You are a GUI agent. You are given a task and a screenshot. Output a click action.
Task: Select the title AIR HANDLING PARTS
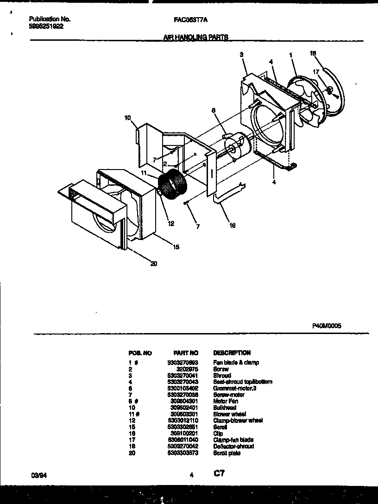coord(195,37)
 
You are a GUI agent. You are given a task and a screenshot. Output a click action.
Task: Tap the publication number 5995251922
coord(46,26)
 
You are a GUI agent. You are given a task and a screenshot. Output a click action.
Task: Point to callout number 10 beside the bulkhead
coord(127,118)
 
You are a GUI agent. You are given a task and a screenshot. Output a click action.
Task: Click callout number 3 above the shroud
coord(242,55)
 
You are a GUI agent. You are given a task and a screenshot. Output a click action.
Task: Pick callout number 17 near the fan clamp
coord(315,72)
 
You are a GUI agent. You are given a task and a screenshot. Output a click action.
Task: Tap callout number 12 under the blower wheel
coord(170,224)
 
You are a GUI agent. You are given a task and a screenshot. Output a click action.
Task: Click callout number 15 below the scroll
coord(176,247)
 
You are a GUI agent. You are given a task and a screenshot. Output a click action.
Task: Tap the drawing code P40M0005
coord(327,326)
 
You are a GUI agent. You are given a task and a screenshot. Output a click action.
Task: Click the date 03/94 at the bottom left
coord(37,474)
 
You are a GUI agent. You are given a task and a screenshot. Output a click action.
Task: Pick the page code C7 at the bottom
coord(219,473)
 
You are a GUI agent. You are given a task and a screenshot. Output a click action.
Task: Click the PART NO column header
coord(186,353)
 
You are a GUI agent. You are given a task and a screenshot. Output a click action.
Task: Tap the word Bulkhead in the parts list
coord(224,408)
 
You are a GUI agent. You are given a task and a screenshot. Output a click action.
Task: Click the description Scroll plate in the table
coord(227,453)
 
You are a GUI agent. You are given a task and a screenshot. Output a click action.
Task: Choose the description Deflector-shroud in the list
coord(233,447)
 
